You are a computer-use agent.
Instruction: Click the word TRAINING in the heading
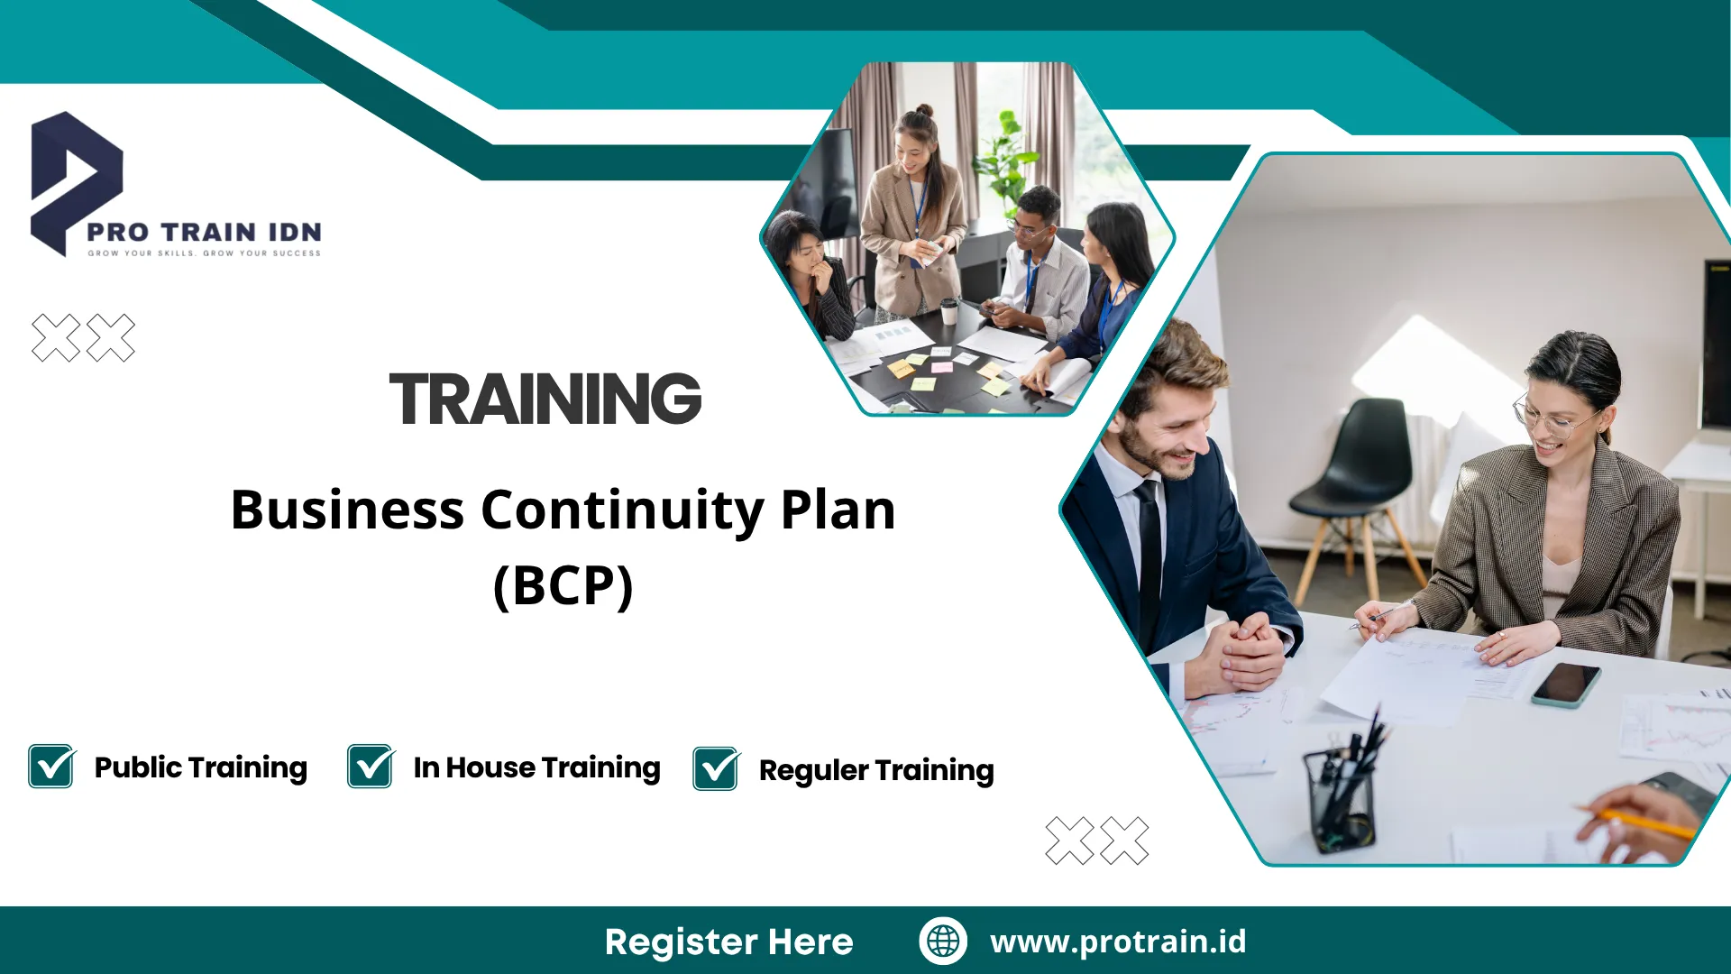545,399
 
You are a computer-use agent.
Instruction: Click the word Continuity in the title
623,510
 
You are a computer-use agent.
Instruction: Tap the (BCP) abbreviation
563,586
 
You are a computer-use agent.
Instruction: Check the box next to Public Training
51,767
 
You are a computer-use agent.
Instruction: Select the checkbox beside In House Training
371,767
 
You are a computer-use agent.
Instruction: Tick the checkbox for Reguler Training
717,769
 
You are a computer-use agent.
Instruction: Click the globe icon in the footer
943,941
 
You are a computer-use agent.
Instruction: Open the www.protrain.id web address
1118,942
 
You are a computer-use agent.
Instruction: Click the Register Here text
728,942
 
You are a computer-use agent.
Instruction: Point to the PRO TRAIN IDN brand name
204,232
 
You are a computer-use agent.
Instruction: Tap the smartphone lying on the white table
1566,685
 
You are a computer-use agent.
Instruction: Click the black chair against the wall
1352,492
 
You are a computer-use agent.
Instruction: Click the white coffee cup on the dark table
948,311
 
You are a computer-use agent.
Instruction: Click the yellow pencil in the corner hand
1636,822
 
